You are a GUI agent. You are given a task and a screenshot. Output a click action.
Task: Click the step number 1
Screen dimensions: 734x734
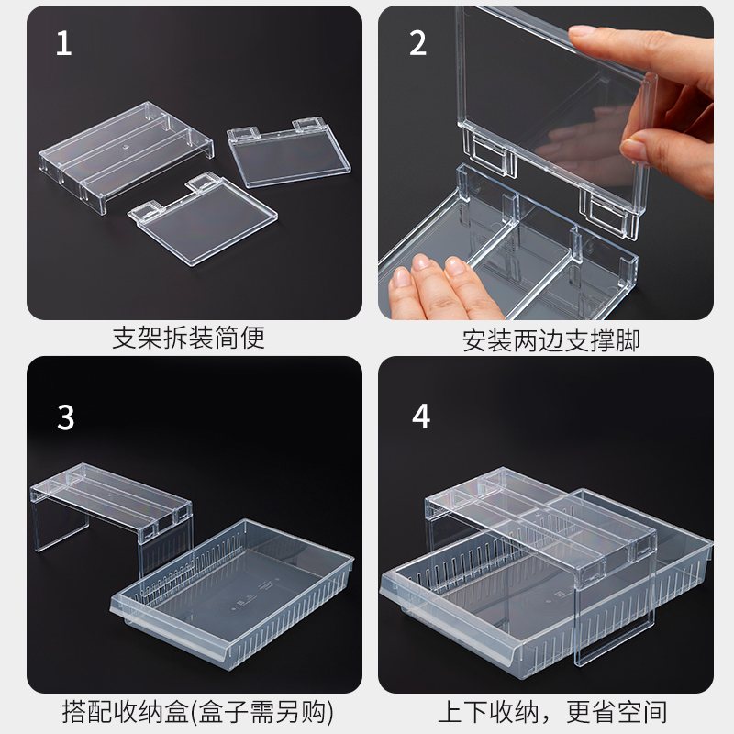pos(63,43)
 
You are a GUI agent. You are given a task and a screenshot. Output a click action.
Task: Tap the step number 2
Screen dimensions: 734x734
pos(418,43)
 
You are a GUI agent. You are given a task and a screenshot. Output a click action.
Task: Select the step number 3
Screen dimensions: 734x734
pos(65,417)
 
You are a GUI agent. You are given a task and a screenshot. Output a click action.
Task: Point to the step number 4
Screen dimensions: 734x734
pos(421,417)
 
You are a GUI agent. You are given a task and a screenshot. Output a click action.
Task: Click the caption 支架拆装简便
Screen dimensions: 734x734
pos(189,338)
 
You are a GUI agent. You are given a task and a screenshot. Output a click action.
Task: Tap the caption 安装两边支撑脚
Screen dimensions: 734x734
pos(551,340)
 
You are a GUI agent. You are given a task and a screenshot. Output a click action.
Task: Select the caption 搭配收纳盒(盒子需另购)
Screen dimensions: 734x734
pos(198,712)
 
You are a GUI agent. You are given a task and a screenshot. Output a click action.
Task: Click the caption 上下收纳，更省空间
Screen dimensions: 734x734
pos(552,712)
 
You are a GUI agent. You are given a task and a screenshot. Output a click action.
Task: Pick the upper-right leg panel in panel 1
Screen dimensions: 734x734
pos(289,152)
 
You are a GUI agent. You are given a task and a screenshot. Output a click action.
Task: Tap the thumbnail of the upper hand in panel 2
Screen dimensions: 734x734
pos(580,32)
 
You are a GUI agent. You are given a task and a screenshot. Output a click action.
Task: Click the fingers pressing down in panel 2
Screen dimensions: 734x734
pos(430,285)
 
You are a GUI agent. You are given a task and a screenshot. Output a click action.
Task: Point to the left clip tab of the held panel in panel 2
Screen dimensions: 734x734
pos(488,151)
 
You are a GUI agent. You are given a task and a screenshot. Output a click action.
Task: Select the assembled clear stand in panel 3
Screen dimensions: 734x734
pos(112,518)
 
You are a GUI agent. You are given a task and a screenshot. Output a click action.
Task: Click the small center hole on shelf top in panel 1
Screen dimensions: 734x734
pos(125,147)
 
